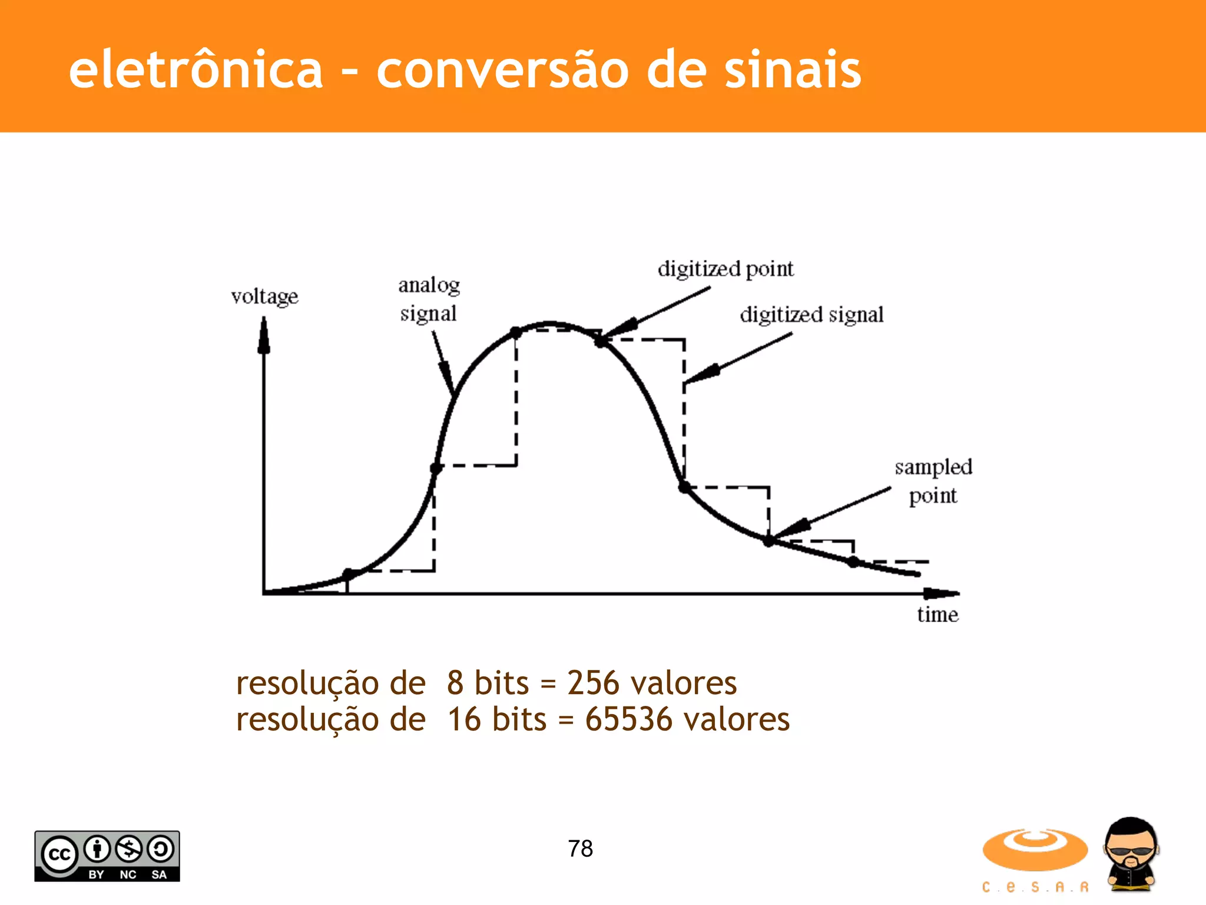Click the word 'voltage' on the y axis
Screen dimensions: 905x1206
[264, 296]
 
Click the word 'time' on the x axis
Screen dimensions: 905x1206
[937, 615]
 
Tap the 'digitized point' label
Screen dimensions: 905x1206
[725, 269]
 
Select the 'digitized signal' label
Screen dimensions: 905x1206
[811, 315]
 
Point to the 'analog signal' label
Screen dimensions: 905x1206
[429, 299]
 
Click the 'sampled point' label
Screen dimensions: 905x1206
[933, 481]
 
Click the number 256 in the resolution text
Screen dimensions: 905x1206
[593, 683]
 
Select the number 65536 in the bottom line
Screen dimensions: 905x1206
[628, 719]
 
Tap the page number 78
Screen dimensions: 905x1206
[580, 848]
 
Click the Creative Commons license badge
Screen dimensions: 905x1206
[107, 856]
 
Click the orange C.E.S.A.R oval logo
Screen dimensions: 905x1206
[1035, 850]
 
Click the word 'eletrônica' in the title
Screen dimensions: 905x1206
[196, 70]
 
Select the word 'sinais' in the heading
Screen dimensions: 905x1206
[793, 70]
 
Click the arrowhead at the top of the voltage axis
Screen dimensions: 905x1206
[264, 336]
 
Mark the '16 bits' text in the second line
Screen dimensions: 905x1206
[497, 719]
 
